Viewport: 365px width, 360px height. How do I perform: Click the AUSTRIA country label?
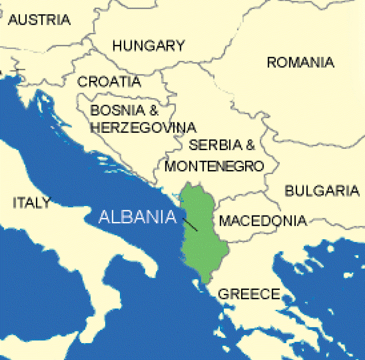click(39, 19)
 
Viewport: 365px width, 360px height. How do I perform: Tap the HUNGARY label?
click(148, 45)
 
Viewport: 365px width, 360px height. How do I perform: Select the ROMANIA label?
click(300, 62)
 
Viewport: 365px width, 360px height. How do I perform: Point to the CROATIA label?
click(109, 81)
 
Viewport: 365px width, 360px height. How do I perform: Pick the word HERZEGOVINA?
click(143, 128)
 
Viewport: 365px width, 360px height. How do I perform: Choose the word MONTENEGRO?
click(214, 166)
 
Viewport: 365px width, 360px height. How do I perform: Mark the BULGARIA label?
click(322, 190)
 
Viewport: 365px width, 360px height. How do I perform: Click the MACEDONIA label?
click(263, 221)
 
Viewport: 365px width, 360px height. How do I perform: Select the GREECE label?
click(249, 294)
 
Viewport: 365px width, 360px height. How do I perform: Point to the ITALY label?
click(31, 202)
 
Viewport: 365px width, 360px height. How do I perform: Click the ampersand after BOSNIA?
click(153, 110)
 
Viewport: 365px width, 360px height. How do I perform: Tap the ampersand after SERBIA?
click(251, 145)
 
